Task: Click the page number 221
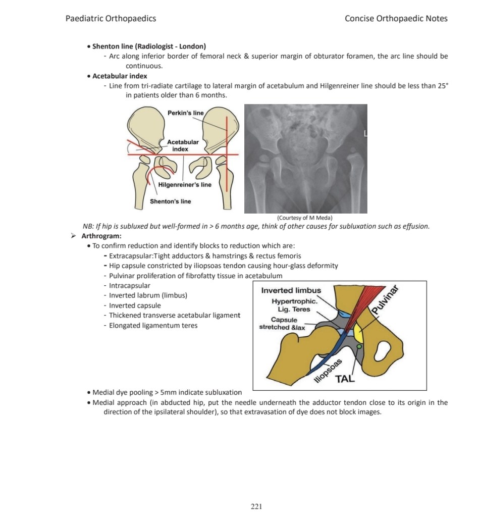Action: [x=256, y=506]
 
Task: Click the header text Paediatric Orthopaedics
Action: [x=111, y=19]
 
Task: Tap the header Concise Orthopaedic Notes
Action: [x=396, y=19]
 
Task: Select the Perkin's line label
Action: [x=186, y=113]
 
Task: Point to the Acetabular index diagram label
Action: [x=183, y=145]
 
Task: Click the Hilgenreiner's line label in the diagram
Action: [x=185, y=185]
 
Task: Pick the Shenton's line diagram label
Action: [x=171, y=201]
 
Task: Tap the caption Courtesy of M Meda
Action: [x=304, y=218]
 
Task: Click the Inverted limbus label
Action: [x=291, y=290]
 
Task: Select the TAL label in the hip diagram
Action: [x=345, y=379]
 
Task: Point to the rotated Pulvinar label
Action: [x=385, y=299]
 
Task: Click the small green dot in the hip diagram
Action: [x=359, y=346]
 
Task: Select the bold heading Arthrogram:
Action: [x=101, y=236]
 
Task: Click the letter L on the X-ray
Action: [x=365, y=133]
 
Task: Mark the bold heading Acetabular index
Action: [x=120, y=76]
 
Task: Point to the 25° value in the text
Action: [x=443, y=86]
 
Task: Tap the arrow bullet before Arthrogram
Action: [x=73, y=236]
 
